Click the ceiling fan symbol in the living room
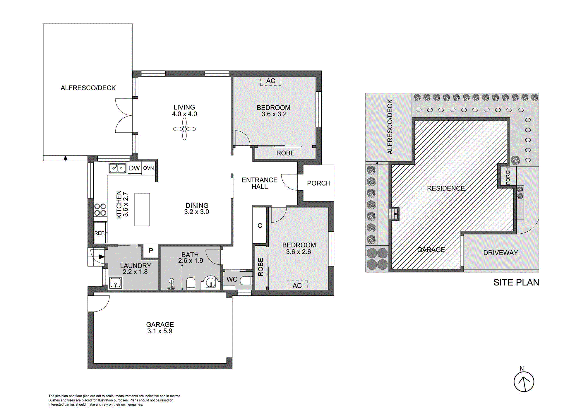coord(184,129)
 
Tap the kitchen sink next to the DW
coord(117,168)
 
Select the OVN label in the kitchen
coord(148,168)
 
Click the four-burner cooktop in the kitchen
coord(100,210)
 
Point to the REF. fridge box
coord(100,233)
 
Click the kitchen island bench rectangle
coord(142,209)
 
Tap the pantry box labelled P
coord(151,251)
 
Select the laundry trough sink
coord(116,283)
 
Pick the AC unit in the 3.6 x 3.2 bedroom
coord(271,81)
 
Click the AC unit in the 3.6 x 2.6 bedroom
coord(297,285)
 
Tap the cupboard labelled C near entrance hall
coord(260,225)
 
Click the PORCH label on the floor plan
coord(318,183)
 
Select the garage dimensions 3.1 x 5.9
coord(160,331)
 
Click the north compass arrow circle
coord(524,382)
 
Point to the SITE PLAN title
coord(516,282)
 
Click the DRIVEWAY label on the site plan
coord(501,253)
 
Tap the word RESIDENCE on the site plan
coord(446,188)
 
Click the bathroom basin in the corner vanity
coord(211,283)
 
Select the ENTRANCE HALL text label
coord(259,183)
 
